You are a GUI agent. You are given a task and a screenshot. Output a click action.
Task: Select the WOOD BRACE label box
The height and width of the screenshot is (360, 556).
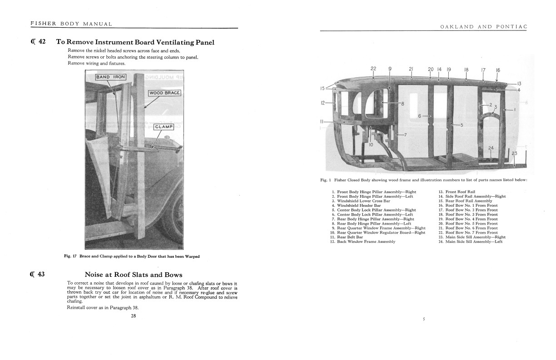[164, 93]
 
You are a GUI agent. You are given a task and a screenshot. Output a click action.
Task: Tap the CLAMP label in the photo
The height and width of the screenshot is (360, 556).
[164, 126]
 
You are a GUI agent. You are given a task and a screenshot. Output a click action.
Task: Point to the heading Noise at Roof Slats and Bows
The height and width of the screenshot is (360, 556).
[134, 275]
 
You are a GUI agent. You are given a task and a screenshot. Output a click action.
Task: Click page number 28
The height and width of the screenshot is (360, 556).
[134, 316]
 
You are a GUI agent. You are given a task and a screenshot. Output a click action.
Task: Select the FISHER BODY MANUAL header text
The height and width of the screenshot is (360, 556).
[71, 24]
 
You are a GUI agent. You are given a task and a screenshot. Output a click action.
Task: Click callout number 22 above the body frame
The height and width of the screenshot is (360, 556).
[373, 69]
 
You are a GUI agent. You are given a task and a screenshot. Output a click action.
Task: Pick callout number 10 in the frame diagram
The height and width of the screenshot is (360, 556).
[371, 145]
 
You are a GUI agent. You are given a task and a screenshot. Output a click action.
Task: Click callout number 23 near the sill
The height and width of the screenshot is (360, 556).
[514, 154]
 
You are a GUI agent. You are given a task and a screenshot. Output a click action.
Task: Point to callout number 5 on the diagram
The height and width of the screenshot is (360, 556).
[462, 125]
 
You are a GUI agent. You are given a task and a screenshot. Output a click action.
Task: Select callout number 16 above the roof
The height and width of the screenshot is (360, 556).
[498, 70]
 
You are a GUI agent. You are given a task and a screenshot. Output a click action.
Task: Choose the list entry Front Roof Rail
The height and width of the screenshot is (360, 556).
[460, 192]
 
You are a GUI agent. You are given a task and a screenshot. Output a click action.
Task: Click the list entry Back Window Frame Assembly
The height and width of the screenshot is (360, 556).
[363, 241]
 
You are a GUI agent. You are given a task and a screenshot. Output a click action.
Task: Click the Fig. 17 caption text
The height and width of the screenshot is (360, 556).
[132, 256]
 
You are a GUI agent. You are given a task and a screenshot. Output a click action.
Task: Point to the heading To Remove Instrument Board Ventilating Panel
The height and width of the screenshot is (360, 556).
[135, 42]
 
